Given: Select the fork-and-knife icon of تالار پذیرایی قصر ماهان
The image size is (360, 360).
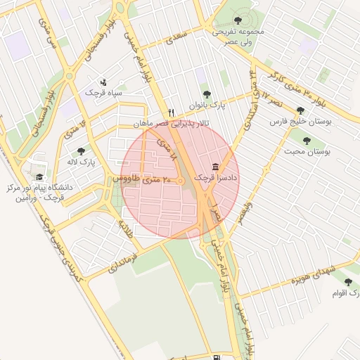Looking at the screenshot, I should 171,113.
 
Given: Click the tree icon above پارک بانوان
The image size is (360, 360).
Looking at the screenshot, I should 206,94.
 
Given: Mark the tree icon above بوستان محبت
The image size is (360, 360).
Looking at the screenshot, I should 307,140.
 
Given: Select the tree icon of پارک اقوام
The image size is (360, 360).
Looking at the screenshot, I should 348,282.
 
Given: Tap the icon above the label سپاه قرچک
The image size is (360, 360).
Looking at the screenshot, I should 104,82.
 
